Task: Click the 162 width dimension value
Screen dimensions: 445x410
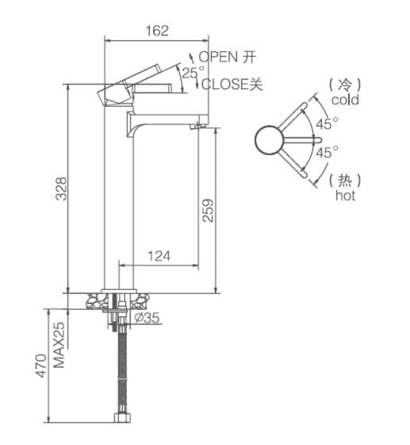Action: (156, 31)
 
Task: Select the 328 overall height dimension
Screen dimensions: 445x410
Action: (61, 188)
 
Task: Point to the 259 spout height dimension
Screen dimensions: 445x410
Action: (207, 209)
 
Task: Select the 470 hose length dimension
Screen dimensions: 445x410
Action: (41, 366)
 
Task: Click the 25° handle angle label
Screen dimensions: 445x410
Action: (193, 72)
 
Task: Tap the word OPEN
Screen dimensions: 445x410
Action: (218, 57)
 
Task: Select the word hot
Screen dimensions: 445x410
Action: (345, 196)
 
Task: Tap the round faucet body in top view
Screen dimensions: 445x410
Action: (269, 140)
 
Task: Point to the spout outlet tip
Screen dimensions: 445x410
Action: (198, 127)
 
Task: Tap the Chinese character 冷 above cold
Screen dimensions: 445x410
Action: (345, 83)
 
